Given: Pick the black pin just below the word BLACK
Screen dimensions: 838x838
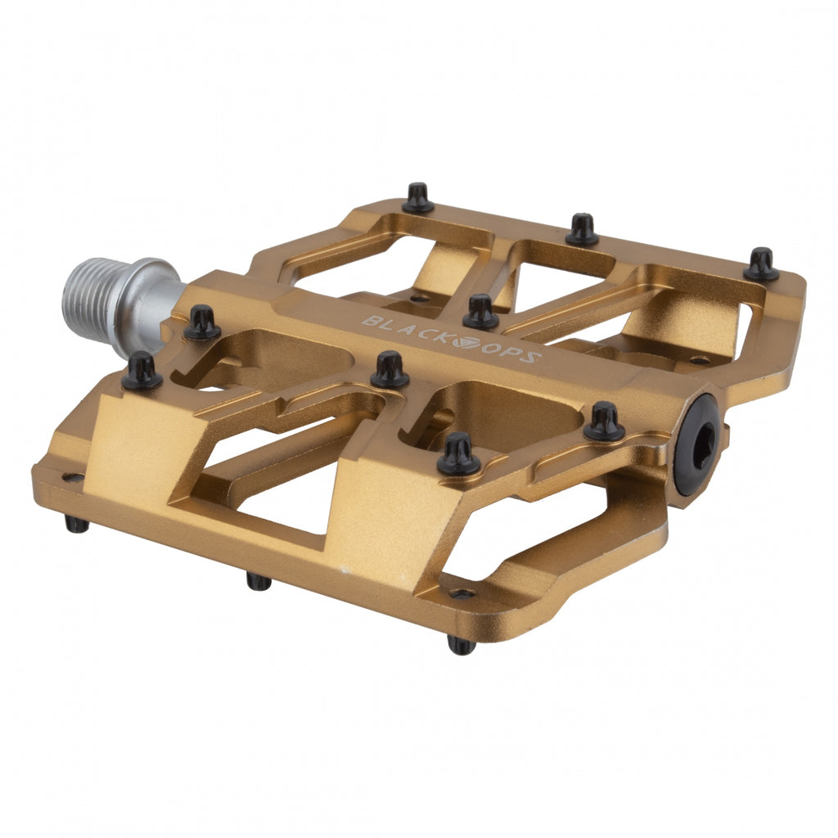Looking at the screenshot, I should tap(390, 370).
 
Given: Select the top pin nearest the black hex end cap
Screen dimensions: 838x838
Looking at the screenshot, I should tap(605, 422).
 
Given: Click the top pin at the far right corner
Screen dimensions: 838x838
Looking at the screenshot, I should tap(761, 265).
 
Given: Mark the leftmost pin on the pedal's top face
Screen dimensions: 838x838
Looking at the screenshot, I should tap(142, 371).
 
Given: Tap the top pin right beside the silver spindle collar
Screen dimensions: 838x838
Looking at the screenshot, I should tap(201, 322).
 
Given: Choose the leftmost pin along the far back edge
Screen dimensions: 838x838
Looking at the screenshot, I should tap(418, 199).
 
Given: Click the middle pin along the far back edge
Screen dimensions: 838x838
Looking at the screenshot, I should tap(582, 230).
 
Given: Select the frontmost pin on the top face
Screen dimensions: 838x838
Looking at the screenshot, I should tap(458, 455).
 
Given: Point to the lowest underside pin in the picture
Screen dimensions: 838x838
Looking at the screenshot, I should tap(462, 645).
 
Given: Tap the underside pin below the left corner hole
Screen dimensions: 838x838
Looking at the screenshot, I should tap(77, 524).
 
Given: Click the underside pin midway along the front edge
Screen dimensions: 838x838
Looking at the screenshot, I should tap(259, 581).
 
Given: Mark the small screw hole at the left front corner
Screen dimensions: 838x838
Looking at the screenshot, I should tap(74, 478).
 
